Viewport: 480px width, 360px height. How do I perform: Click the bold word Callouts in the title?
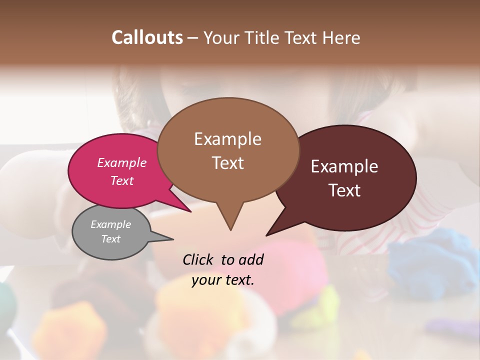pyautogui.click(x=147, y=37)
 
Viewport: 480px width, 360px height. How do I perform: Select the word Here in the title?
pyautogui.click(x=341, y=38)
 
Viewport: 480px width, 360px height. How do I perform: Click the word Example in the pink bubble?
pyautogui.click(x=122, y=162)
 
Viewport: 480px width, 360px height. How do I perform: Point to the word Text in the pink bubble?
pyautogui.click(x=122, y=180)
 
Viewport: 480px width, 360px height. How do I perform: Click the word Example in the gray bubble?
pyautogui.click(x=110, y=224)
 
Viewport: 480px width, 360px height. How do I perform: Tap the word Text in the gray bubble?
pyautogui.click(x=110, y=239)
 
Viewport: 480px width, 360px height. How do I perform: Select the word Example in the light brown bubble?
pyautogui.click(x=227, y=139)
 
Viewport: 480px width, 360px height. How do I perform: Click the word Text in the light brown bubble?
pyautogui.click(x=227, y=163)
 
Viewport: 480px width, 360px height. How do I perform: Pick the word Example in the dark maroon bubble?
pyautogui.click(x=344, y=166)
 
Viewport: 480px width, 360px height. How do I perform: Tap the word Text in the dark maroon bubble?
pyautogui.click(x=344, y=190)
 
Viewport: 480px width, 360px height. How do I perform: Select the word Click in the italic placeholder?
pyautogui.click(x=198, y=259)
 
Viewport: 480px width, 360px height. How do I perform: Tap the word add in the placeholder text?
pyautogui.click(x=251, y=259)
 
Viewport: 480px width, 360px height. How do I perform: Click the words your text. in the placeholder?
pyautogui.click(x=223, y=280)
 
